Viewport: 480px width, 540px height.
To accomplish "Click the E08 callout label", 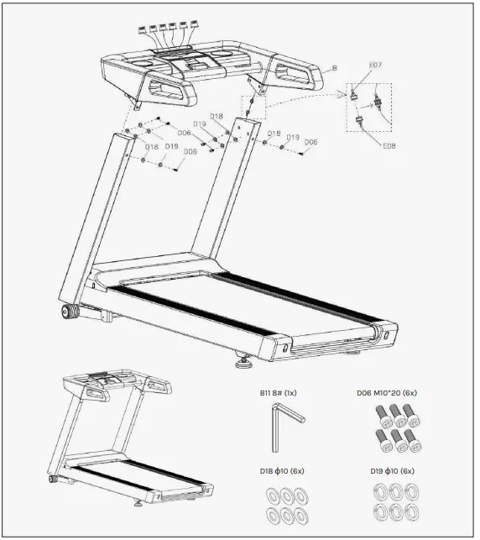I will tap(389, 145).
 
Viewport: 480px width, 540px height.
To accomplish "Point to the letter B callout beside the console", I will tap(334, 67).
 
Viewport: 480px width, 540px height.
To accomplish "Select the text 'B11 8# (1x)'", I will tap(279, 392).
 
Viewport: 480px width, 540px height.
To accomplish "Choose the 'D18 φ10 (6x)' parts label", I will tap(279, 472).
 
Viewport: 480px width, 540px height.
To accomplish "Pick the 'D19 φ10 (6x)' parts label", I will tap(393, 472).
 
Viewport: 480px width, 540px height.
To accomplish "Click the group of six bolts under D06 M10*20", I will tap(392, 426).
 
